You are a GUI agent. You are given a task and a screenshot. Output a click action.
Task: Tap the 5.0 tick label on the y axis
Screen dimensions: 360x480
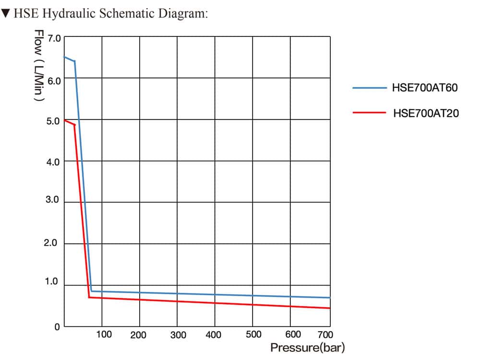[x=53, y=121]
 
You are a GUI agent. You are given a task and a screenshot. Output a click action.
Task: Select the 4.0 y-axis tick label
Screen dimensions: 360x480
[x=53, y=162]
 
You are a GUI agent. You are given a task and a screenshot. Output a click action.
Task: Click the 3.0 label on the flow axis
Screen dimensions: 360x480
[x=53, y=200]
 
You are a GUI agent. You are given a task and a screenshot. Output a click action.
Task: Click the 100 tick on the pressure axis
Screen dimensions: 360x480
[x=104, y=334]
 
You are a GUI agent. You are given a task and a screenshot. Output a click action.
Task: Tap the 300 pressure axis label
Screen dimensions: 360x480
[x=178, y=335]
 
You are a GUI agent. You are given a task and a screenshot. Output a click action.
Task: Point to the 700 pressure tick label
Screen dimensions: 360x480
[x=325, y=335]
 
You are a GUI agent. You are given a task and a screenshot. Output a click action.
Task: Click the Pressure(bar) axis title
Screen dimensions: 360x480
[x=307, y=348]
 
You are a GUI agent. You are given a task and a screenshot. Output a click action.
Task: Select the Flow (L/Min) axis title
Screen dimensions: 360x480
[x=39, y=65]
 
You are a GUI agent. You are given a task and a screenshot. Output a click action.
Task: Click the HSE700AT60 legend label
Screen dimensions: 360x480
[x=425, y=88]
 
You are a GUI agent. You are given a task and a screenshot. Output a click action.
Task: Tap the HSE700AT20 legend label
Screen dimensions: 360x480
[x=426, y=114]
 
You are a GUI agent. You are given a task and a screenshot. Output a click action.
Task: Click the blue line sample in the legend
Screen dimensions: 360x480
[x=369, y=88]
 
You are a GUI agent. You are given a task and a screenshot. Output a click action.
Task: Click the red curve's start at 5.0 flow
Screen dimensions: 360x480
[x=65, y=120]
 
